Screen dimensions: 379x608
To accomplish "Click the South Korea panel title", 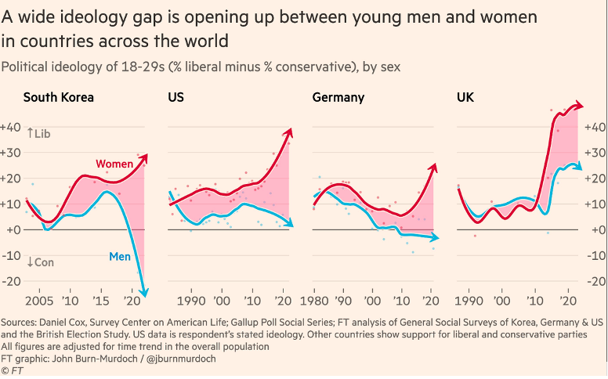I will tap(59, 98).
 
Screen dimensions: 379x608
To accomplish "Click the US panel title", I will tap(176, 98).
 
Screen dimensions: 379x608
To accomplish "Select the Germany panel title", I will tap(338, 98).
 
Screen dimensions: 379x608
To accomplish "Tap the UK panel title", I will tap(465, 98).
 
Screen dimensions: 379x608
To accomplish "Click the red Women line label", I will tap(114, 164).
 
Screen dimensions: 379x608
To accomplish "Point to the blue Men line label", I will tap(119, 255).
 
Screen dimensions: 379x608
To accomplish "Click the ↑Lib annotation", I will tap(38, 133).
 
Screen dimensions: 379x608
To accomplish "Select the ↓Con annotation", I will tap(40, 262).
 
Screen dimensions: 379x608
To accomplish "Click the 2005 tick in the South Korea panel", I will tap(39, 301).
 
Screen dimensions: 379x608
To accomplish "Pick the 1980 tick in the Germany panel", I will tap(313, 301).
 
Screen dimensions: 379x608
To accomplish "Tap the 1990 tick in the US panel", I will tap(191, 301).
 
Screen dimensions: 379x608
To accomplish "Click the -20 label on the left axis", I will tap(11, 282).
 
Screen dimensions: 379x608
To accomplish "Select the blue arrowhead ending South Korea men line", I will tap(145, 292).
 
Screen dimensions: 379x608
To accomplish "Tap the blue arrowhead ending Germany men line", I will tap(436, 237).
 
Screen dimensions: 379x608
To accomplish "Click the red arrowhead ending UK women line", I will tap(581, 106).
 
